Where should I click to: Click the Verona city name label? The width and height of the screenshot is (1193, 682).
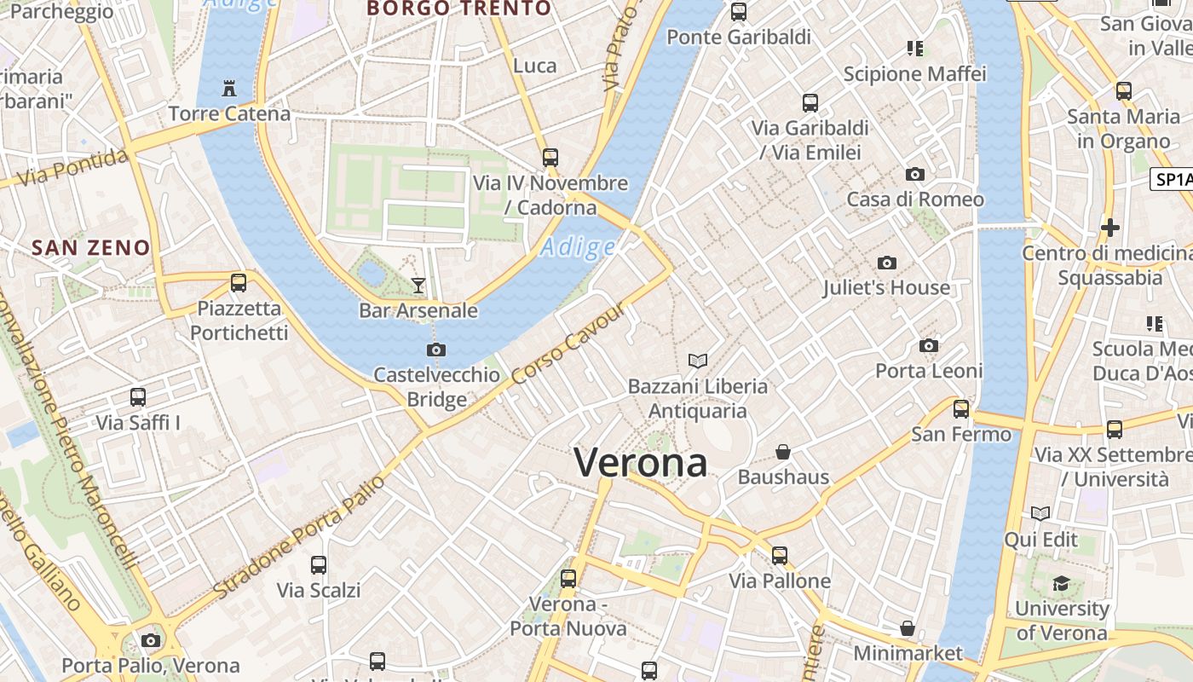641,463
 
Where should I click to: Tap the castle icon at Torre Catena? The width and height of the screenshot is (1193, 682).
228,87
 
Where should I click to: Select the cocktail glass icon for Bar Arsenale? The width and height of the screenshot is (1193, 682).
418,285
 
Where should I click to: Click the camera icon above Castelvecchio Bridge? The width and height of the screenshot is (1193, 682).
436,350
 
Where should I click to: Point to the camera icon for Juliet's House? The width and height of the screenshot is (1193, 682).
886,263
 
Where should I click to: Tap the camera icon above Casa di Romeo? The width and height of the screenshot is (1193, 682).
915,174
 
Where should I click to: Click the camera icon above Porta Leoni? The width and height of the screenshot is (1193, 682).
929,345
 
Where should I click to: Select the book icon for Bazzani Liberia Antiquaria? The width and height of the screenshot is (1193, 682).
698,361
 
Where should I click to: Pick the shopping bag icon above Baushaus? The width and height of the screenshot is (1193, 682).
783,452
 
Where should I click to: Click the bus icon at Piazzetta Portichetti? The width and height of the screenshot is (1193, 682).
239,282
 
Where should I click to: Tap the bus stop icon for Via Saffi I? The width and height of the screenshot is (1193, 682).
138,396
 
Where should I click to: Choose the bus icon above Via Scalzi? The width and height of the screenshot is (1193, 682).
319,564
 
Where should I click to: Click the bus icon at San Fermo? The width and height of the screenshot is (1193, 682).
961,408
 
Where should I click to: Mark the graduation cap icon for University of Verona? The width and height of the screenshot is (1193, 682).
1061,583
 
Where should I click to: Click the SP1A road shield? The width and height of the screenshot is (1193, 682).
1173,179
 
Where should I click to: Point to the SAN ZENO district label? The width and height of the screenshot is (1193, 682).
90,248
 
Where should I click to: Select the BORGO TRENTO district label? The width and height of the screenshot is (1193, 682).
458,9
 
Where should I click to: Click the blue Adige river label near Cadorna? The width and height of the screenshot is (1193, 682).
578,247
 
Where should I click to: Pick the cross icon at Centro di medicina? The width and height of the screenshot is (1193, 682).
1109,228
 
